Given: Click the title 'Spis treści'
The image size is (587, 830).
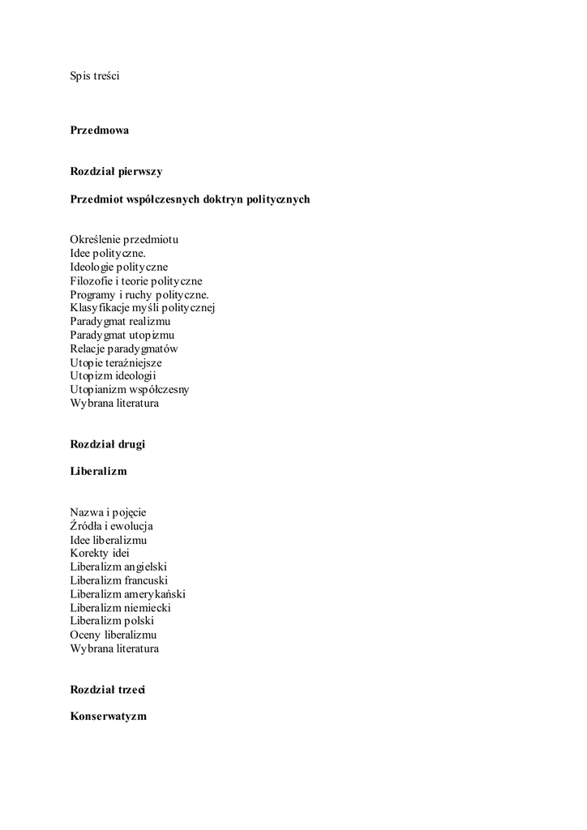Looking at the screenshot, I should pos(95,76).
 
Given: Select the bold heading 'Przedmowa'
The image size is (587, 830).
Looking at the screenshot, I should pos(99,130).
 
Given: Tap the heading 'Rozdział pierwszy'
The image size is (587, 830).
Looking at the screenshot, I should pos(116,172).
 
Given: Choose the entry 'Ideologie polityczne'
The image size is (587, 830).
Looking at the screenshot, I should pos(119,267).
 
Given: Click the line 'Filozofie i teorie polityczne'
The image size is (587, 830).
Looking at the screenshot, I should pos(136,280).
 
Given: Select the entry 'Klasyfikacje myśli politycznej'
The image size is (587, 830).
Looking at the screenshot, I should pos(142,307).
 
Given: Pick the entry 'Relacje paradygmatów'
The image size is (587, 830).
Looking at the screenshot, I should pos(124,349).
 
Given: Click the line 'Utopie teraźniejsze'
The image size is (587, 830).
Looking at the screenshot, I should pos(116,362).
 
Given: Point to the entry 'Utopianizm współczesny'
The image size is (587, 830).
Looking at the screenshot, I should pos(130,389).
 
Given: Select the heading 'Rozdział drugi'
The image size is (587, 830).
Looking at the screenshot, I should pos(108,444).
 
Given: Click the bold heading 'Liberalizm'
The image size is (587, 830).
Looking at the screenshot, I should pos(98,471).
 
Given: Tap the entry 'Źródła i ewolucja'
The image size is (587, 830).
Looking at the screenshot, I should pos(112,526).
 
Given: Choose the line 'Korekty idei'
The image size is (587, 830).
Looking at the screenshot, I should pos(100,553).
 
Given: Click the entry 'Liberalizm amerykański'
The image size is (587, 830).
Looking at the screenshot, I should pos(128,594).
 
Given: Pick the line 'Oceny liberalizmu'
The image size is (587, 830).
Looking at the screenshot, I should pos(114,635).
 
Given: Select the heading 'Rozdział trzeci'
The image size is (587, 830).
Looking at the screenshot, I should pos(108,690).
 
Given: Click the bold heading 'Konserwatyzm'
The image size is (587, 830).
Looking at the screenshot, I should pos(109,717).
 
